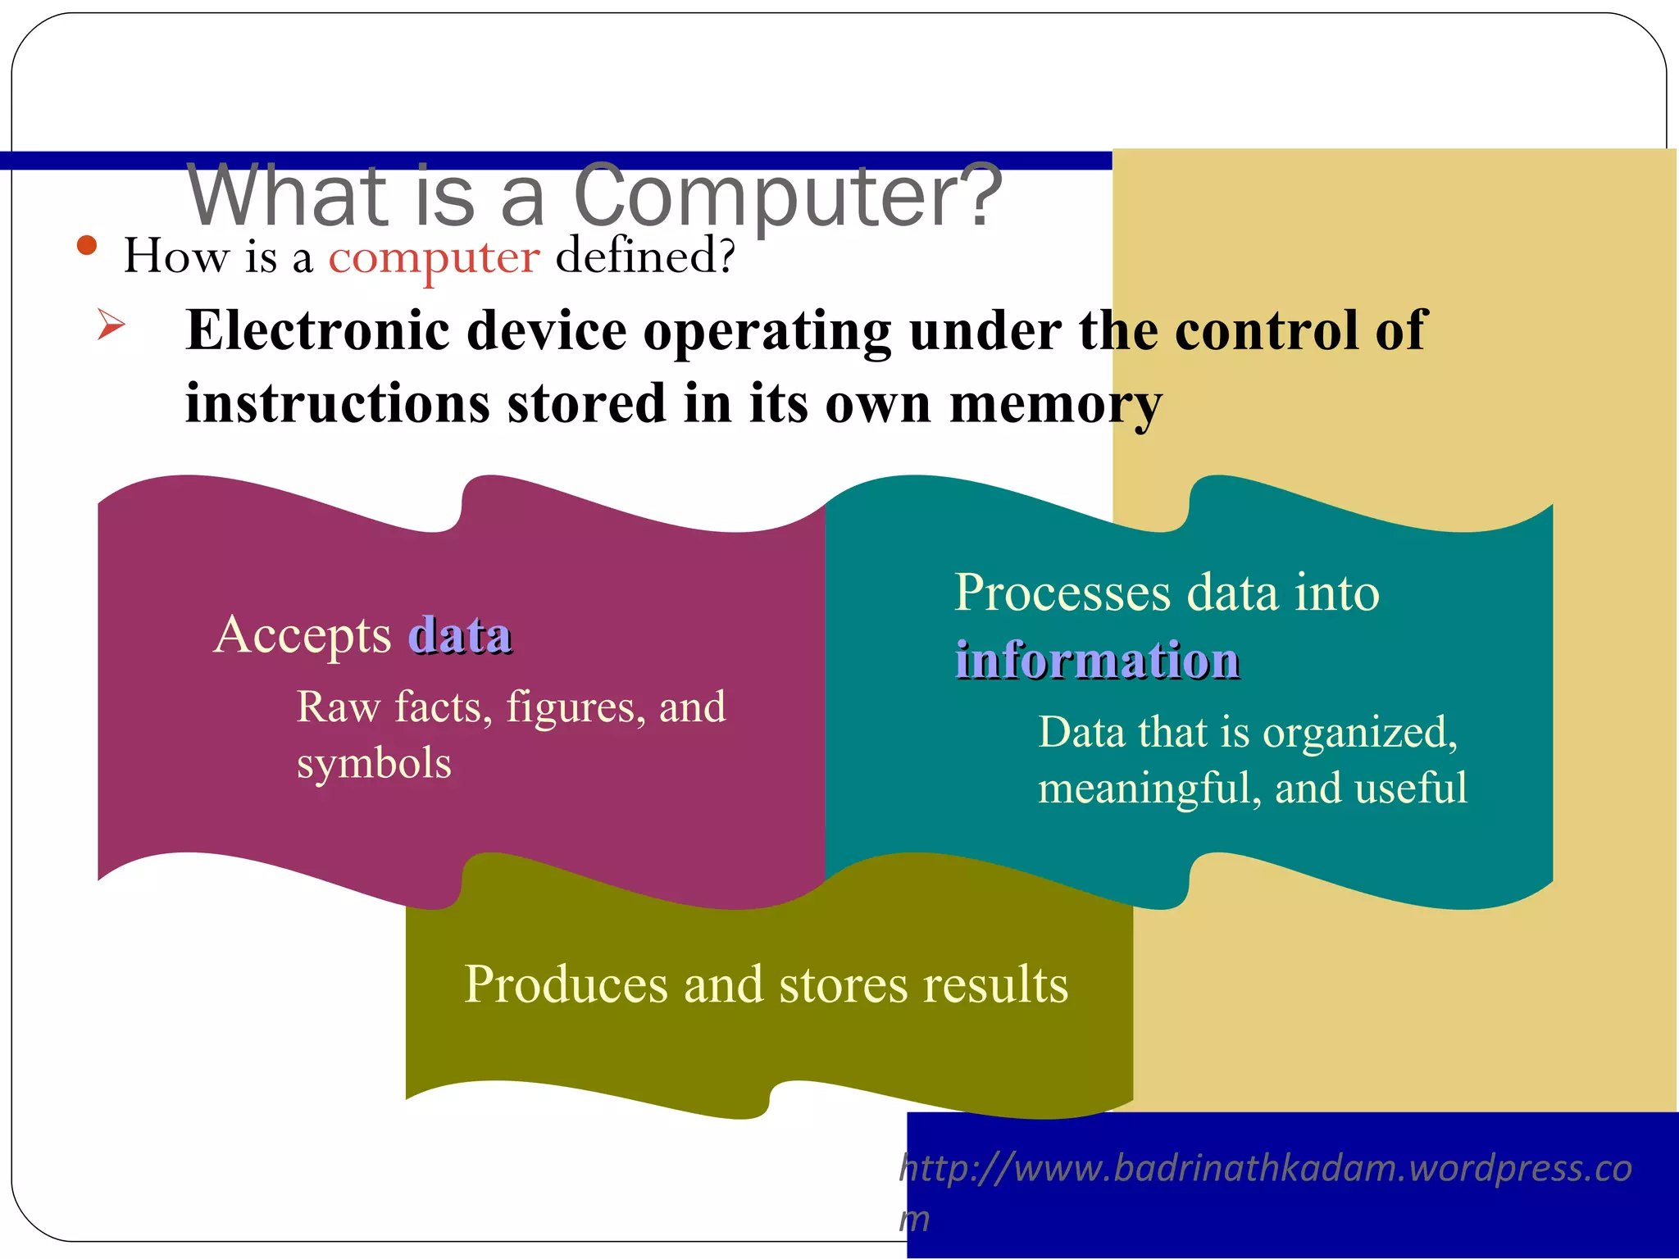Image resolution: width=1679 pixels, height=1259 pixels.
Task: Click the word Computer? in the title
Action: (x=787, y=197)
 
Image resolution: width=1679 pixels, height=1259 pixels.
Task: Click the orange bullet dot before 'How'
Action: (x=87, y=245)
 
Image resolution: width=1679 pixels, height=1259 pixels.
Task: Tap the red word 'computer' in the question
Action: (x=434, y=257)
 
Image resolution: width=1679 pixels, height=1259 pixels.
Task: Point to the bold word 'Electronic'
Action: (x=318, y=330)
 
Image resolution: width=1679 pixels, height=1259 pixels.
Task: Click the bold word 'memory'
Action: (x=1055, y=405)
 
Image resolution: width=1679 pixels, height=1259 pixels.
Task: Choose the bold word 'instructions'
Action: (x=337, y=403)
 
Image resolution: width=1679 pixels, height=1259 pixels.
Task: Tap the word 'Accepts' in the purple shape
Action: (x=303, y=636)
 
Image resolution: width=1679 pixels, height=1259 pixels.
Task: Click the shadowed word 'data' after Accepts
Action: (x=461, y=635)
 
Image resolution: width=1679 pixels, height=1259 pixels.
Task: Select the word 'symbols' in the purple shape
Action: (x=374, y=764)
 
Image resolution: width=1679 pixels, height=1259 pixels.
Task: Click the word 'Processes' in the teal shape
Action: (x=1062, y=593)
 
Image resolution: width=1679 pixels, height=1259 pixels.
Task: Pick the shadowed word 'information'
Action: (x=1097, y=660)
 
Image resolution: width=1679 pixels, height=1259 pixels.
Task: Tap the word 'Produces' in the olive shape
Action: (x=566, y=984)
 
